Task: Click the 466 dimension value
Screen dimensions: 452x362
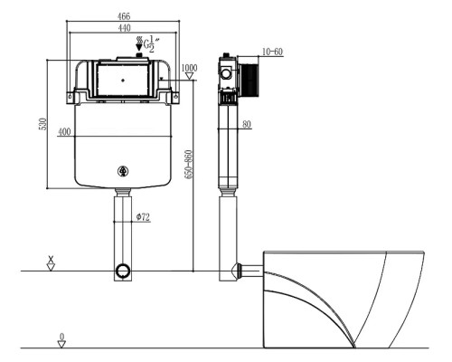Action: pyautogui.click(x=124, y=15)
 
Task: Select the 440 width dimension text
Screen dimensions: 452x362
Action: pyautogui.click(x=124, y=28)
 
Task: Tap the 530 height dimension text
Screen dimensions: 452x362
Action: pyautogui.click(x=44, y=124)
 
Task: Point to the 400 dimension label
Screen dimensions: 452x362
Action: pyautogui.click(x=64, y=132)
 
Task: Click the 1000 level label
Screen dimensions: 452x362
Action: pyautogui.click(x=189, y=68)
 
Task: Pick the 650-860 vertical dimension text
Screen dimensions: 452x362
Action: pyautogui.click(x=188, y=165)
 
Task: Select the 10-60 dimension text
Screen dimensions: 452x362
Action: pyautogui.click(x=272, y=52)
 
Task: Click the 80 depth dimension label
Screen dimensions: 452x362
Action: pyautogui.click(x=247, y=124)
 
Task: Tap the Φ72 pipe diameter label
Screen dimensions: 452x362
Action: pyautogui.click(x=143, y=216)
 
